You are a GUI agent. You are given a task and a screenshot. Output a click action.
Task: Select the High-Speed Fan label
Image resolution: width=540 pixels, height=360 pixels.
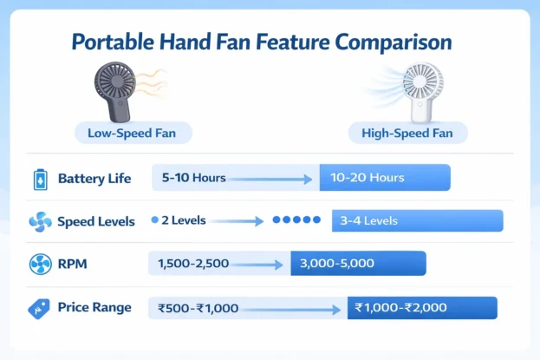[407, 134]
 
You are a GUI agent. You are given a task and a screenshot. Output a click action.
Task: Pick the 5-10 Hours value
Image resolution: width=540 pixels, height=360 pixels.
[193, 178]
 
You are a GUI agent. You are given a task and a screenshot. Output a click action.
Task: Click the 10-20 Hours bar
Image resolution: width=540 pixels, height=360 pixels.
[385, 178]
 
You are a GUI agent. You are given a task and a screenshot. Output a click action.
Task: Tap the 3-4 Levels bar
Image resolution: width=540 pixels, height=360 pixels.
[417, 220]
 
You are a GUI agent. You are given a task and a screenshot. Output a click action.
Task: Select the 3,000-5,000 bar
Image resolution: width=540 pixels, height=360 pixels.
[357, 263]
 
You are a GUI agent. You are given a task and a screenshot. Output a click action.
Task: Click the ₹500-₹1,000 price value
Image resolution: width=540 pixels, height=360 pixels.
[198, 307]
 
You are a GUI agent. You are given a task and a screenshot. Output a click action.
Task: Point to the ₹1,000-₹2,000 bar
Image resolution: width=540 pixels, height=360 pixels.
[422, 307]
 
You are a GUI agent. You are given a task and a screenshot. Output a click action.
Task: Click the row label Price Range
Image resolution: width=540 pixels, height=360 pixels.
[94, 307]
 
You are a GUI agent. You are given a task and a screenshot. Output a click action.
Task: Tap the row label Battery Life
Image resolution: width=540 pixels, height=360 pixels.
[94, 179]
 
